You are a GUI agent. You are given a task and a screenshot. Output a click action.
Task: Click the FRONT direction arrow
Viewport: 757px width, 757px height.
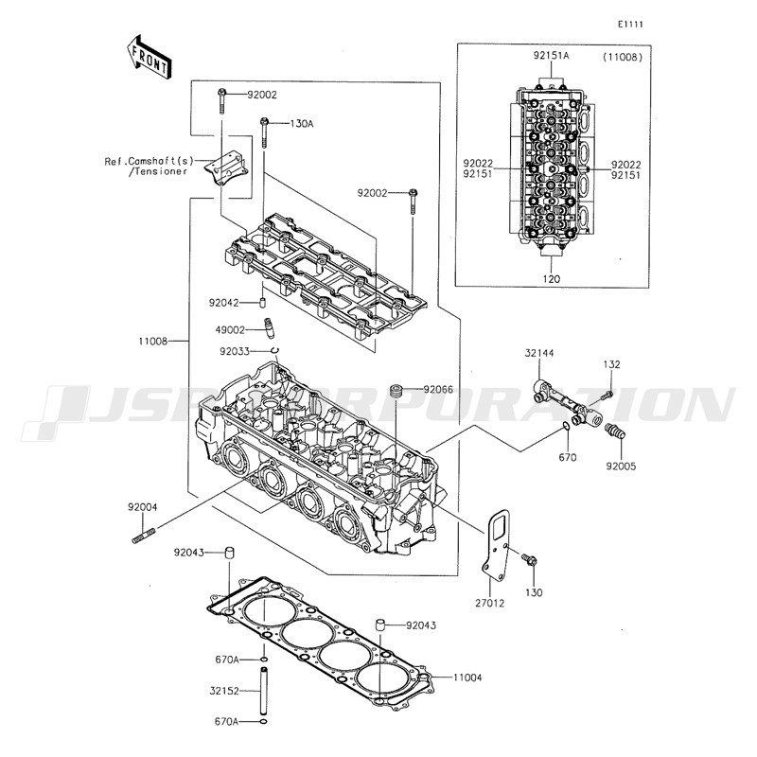[149, 57]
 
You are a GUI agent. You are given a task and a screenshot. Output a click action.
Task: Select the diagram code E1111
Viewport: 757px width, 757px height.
[630, 25]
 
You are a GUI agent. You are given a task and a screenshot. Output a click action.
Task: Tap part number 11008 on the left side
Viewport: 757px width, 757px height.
[152, 342]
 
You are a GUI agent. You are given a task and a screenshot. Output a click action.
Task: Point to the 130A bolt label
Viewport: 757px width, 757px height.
[301, 124]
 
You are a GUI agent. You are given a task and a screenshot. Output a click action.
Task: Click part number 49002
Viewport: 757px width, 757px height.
[230, 330]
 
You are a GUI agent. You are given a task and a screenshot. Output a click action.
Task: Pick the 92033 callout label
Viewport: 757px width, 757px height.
[235, 351]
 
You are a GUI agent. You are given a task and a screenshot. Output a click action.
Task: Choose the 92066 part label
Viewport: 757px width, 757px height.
[438, 389]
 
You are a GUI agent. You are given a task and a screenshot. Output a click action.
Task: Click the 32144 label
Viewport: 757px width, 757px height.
[539, 353]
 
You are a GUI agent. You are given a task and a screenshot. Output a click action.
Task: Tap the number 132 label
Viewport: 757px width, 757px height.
[611, 364]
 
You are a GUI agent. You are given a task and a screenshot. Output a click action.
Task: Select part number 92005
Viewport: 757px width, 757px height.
[622, 467]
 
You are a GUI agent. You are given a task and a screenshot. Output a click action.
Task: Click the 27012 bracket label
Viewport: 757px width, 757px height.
[489, 603]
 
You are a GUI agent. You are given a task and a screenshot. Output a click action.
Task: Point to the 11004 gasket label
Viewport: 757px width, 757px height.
[467, 678]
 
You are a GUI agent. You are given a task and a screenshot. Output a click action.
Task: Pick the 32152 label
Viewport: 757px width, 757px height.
[224, 691]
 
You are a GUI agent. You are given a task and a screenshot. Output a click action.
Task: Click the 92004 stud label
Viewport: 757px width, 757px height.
[143, 507]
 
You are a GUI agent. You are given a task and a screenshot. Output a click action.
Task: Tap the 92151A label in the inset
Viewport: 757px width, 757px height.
[552, 56]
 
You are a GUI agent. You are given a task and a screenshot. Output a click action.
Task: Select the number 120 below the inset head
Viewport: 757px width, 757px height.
[552, 279]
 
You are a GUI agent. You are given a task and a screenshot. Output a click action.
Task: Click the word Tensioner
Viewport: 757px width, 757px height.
[157, 171]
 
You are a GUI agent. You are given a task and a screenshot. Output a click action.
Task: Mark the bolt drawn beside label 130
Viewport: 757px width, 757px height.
[530, 560]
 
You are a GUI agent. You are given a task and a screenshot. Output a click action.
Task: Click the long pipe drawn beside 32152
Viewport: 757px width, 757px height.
[264, 691]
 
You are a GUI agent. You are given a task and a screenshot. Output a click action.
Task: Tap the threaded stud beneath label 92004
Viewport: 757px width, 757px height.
[144, 537]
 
